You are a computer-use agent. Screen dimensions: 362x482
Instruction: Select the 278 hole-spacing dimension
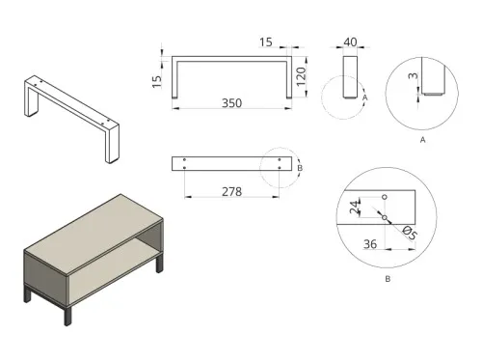coord(231,192)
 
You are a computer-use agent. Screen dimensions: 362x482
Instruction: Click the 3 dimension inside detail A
coord(411,76)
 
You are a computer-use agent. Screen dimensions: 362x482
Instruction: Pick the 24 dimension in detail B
coord(356,207)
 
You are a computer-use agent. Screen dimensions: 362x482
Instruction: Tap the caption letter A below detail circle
coord(424,140)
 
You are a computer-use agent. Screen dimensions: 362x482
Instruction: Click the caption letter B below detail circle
coord(387,279)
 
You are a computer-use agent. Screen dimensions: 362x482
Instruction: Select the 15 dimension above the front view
coord(266,42)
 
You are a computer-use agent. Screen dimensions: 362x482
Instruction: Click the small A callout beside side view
coord(365,97)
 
